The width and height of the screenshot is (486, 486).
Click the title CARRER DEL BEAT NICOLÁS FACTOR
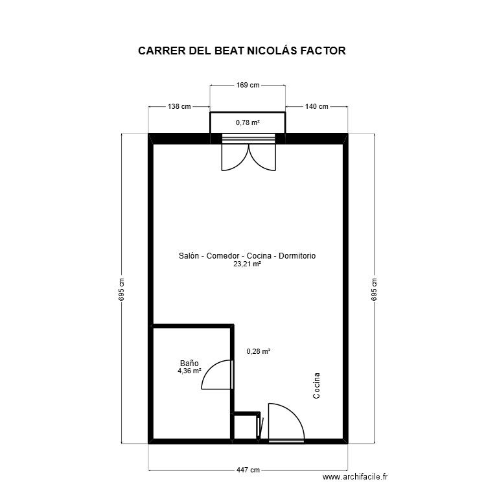(x=242, y=51)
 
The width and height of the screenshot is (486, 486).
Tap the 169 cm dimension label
(x=248, y=85)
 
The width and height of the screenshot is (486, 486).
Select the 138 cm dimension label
(x=179, y=106)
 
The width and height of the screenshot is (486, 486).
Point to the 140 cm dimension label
(x=316, y=106)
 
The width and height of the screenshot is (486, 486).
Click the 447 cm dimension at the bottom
(x=248, y=470)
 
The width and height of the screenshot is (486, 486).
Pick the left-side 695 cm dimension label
(x=122, y=290)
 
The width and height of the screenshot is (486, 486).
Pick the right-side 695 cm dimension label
(x=373, y=290)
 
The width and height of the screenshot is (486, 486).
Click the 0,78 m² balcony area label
(x=248, y=122)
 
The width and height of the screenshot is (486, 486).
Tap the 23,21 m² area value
(x=247, y=264)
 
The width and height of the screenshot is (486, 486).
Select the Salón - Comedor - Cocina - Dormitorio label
(x=247, y=256)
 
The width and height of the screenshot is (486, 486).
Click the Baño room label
(x=189, y=364)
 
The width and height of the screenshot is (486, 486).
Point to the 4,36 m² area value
(x=189, y=371)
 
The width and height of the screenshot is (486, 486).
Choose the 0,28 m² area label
(x=259, y=351)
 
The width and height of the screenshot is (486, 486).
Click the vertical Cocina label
(x=316, y=386)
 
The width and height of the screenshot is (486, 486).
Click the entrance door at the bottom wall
(x=286, y=421)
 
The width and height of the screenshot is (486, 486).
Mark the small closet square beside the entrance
(x=246, y=428)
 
